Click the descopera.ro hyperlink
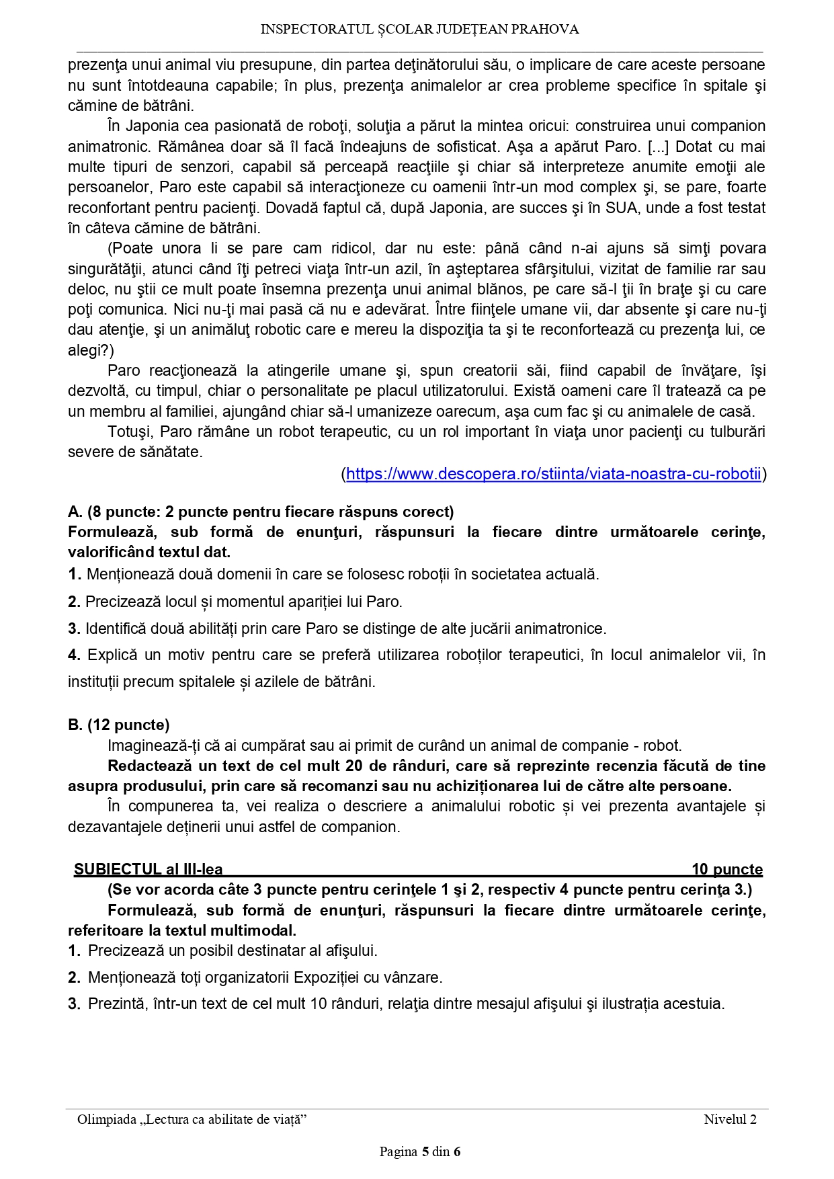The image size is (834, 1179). pos(553,474)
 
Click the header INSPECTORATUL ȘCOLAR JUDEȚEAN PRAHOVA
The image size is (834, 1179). pos(419,30)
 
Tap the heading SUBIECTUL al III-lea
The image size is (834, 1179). pos(149,869)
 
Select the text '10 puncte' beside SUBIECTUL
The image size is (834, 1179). pos(727,869)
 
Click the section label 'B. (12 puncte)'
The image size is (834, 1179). pos(119,725)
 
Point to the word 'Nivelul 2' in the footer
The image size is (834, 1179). pos(730,1119)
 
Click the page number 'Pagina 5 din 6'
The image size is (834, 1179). pos(419,1151)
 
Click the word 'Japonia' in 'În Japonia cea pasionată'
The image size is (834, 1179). pos(153,126)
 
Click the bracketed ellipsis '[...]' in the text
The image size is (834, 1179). pos(658,147)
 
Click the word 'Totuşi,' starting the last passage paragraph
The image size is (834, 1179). pos(131,432)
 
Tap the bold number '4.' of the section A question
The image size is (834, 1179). pos(75,655)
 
